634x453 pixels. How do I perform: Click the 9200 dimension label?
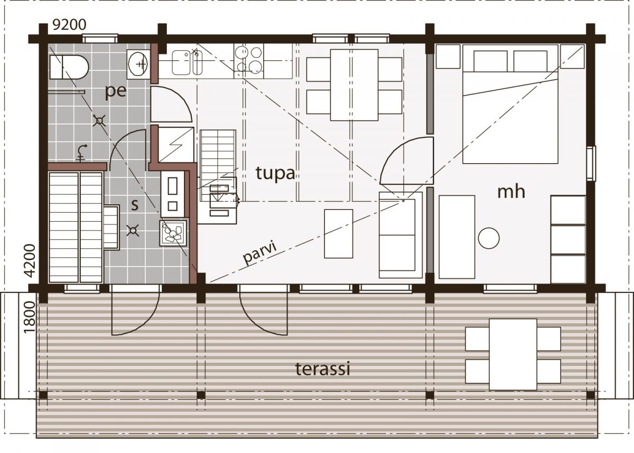[x=69, y=25]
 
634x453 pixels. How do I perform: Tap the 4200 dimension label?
[x=30, y=260]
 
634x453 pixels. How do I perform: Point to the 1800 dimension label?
[x=29, y=317]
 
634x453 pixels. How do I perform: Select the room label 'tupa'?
[x=275, y=173]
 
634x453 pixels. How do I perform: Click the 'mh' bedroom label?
[x=511, y=192]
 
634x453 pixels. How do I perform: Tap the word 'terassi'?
[x=323, y=369]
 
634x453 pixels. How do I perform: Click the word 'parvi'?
[x=259, y=252]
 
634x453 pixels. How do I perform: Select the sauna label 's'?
[x=135, y=205]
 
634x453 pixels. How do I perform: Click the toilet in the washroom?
[x=69, y=67]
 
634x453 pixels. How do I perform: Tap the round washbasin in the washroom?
[x=138, y=64]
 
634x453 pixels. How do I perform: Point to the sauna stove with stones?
[x=173, y=233]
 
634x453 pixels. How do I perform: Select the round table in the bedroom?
[x=489, y=238]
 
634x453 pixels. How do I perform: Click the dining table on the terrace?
[x=513, y=355]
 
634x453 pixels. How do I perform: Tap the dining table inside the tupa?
[x=354, y=85]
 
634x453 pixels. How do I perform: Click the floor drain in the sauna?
[x=133, y=230]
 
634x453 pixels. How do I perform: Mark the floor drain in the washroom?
[x=99, y=121]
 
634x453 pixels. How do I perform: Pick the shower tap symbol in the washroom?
[x=81, y=153]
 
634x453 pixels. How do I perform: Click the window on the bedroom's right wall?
[x=591, y=164]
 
